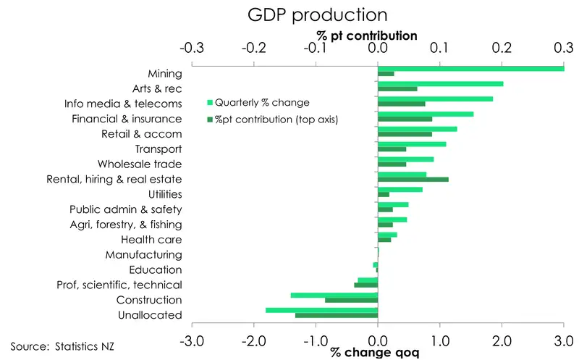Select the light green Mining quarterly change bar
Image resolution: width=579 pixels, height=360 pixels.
470,68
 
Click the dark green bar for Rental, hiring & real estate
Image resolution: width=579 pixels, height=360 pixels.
413,179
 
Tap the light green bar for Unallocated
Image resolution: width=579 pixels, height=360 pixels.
321,309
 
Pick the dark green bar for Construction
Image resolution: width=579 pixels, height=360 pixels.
351,300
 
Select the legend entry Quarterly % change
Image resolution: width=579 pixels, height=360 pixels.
258,102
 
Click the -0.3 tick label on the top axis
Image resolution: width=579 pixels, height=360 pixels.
191,49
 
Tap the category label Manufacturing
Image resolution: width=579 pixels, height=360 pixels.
143,255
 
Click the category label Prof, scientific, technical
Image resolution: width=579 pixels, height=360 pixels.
119,285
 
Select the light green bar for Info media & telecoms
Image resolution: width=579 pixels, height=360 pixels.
435,99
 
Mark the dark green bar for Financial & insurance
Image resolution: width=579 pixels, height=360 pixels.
405,119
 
